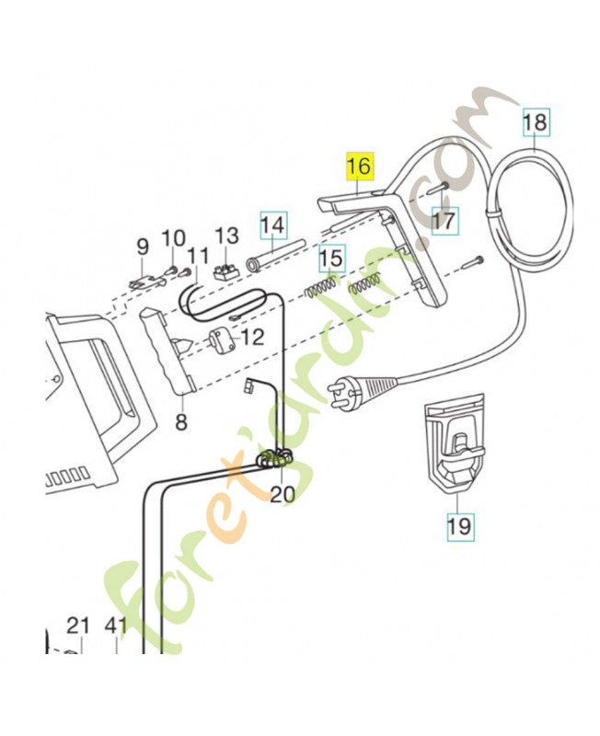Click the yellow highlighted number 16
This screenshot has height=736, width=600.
click(359, 167)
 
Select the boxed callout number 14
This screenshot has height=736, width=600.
click(271, 224)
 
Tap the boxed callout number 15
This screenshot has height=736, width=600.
click(331, 260)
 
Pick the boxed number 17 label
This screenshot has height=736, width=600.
click(444, 222)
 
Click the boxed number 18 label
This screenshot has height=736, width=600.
click(535, 121)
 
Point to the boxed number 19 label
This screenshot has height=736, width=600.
click(458, 526)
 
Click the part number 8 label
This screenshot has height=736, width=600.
click(180, 422)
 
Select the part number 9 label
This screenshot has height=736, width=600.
click(143, 246)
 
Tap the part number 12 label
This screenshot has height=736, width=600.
click(252, 337)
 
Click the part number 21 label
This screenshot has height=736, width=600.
click(79, 627)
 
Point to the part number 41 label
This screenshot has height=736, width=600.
click(115, 627)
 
